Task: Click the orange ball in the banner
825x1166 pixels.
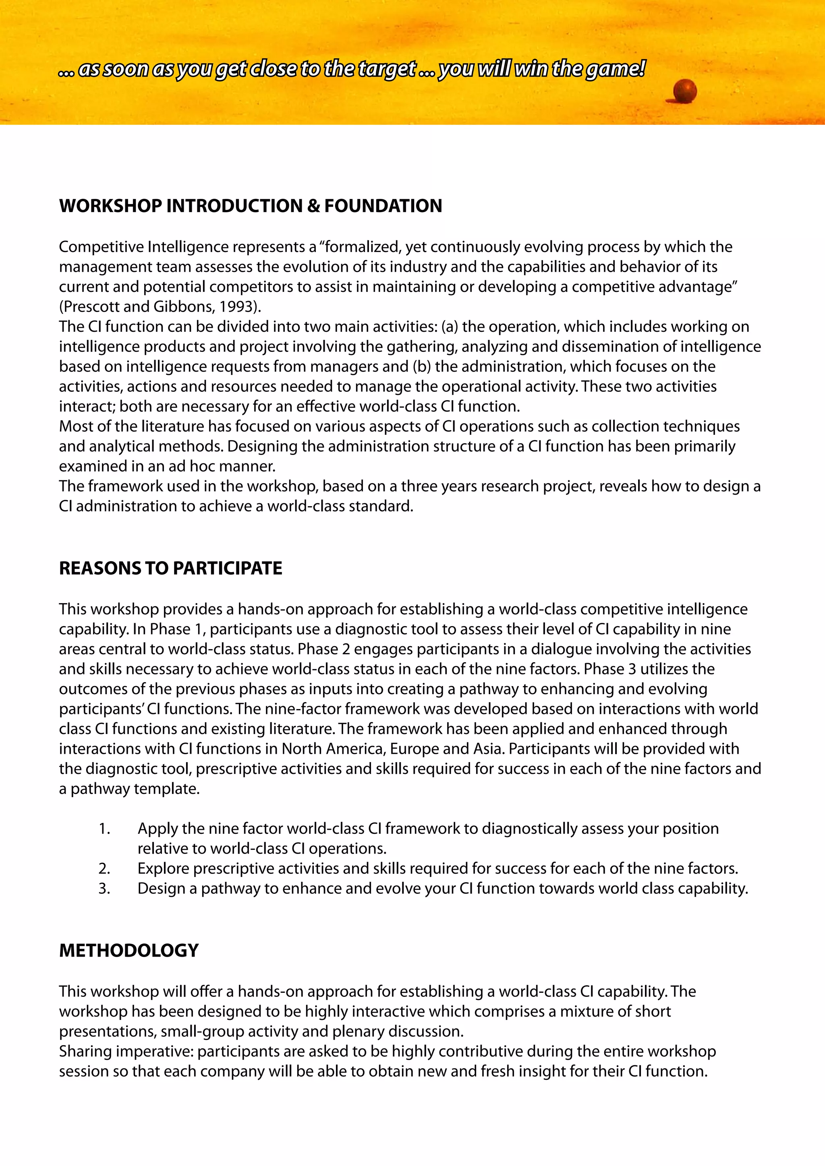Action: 685,91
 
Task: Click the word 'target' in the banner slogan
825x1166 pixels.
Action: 387,68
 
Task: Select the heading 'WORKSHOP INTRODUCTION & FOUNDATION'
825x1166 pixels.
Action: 251,206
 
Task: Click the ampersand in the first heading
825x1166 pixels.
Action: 313,206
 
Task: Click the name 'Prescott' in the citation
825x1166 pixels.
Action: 91,307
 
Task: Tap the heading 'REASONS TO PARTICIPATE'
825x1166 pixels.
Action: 171,568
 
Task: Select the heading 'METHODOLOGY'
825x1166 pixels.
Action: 129,950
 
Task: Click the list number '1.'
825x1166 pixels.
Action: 104,829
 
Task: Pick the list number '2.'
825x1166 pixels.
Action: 104,868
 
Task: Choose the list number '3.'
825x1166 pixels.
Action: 104,888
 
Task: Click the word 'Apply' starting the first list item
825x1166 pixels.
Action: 158,829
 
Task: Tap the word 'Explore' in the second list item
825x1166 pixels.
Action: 163,868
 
